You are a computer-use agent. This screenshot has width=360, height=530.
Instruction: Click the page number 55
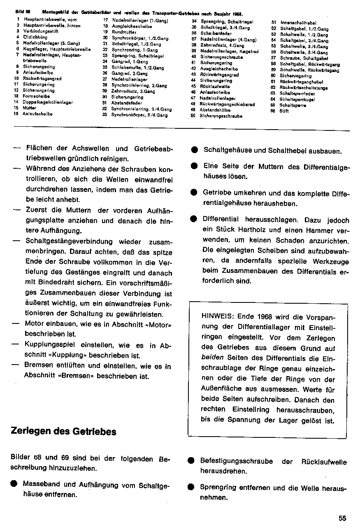click(343, 518)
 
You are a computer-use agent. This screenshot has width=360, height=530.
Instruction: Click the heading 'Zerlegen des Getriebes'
click(63, 432)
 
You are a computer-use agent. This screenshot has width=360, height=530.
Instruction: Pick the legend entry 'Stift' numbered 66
click(284, 111)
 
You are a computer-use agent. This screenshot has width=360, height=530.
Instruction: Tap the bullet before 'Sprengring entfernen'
click(191, 487)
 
